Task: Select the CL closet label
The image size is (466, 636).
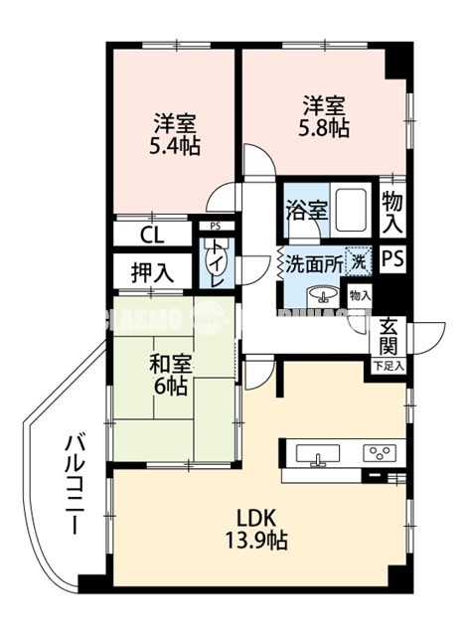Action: pyautogui.click(x=152, y=236)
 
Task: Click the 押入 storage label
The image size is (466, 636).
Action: pyautogui.click(x=152, y=271)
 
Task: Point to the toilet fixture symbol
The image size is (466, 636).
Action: pyautogui.click(x=216, y=261)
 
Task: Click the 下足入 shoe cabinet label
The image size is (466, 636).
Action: pyautogui.click(x=388, y=366)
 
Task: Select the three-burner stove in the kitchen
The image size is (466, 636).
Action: pyautogui.click(x=379, y=452)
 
